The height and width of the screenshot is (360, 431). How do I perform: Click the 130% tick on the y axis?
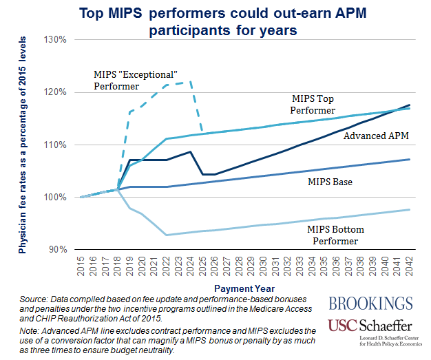click(x=56, y=39)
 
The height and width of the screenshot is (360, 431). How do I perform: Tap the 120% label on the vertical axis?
click(x=56, y=92)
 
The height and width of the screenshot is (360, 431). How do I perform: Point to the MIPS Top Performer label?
click(x=313, y=105)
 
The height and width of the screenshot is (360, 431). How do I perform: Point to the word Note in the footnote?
click(x=32, y=330)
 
